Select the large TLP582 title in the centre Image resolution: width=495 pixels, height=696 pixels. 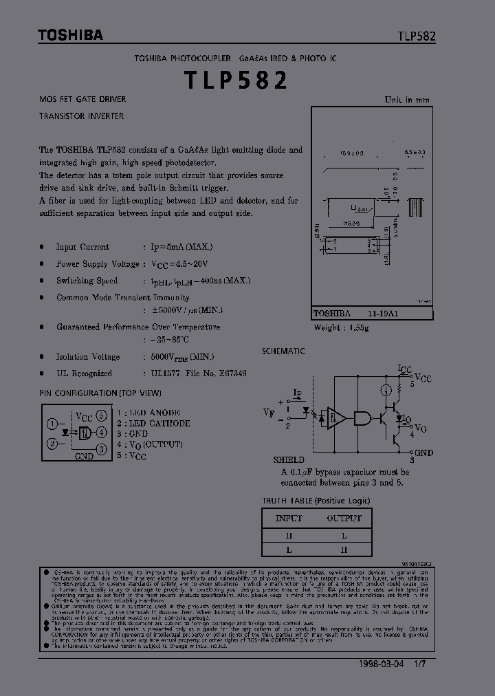[236, 81]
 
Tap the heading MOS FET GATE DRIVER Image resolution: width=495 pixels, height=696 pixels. [82, 100]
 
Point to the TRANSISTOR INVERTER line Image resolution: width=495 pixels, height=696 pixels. [81, 116]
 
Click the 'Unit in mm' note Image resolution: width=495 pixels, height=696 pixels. [407, 100]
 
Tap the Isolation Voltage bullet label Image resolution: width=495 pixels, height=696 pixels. [88, 357]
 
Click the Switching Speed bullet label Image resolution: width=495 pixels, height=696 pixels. [87, 281]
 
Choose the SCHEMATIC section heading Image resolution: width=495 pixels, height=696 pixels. [283, 351]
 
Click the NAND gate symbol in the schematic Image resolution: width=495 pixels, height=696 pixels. [362, 417]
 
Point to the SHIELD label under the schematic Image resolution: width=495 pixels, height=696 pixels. [288, 459]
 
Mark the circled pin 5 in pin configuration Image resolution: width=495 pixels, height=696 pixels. [101, 415]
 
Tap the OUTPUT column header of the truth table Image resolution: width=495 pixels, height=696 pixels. [344, 518]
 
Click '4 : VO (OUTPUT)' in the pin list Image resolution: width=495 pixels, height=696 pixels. [149, 445]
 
